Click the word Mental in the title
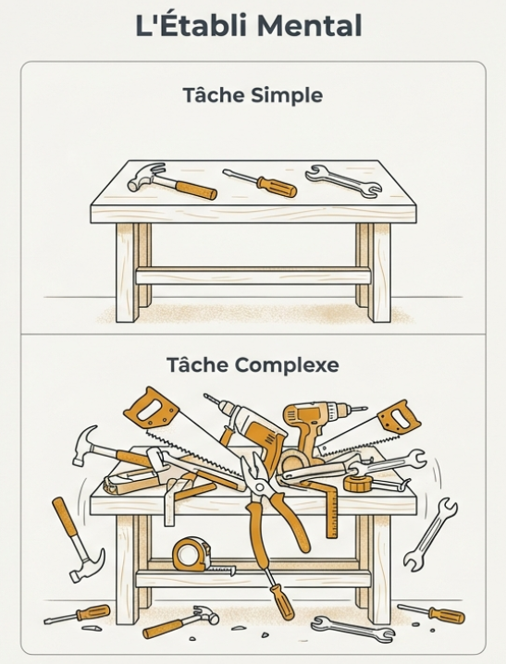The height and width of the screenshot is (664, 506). point(309,25)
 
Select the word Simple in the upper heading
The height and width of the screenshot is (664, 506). point(287,95)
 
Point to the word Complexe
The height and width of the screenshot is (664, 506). point(287,364)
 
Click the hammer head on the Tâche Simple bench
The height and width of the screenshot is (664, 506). point(146,176)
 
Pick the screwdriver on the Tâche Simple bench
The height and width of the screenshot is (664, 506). point(260,183)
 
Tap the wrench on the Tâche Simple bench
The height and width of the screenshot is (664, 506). point(343,181)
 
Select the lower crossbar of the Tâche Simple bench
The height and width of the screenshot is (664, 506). point(253,276)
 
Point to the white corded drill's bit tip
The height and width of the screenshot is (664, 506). point(206,397)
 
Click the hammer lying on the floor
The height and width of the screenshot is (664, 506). point(181,621)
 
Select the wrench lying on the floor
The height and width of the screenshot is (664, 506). point(352,630)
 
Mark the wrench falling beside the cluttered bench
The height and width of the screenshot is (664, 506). point(430,535)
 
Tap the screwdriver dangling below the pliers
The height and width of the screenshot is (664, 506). point(278,594)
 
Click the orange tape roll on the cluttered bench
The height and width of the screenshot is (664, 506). point(358,483)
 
